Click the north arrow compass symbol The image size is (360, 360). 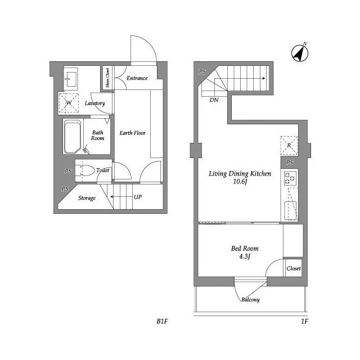[x=300, y=53]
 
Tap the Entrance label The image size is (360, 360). [x=137, y=78]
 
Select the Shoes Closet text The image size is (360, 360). [x=107, y=78]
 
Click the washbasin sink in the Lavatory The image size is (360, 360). [x=71, y=79]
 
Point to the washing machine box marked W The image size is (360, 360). [x=69, y=103]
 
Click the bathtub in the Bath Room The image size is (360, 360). [x=73, y=137]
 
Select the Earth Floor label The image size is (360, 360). [x=133, y=133]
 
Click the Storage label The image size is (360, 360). [x=87, y=198]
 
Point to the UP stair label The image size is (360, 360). [x=138, y=197]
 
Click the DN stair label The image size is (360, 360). [x=214, y=100]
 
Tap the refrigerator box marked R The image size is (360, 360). [x=289, y=145]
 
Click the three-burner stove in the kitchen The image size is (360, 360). [x=290, y=178]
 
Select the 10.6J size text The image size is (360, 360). [x=240, y=182]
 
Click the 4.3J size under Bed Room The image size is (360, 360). [x=245, y=256]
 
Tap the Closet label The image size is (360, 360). [x=294, y=268]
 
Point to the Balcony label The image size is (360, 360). [x=250, y=300]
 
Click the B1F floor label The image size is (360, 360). [x=163, y=321]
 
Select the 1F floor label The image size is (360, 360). [x=305, y=321]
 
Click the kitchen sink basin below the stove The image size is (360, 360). [x=290, y=210]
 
